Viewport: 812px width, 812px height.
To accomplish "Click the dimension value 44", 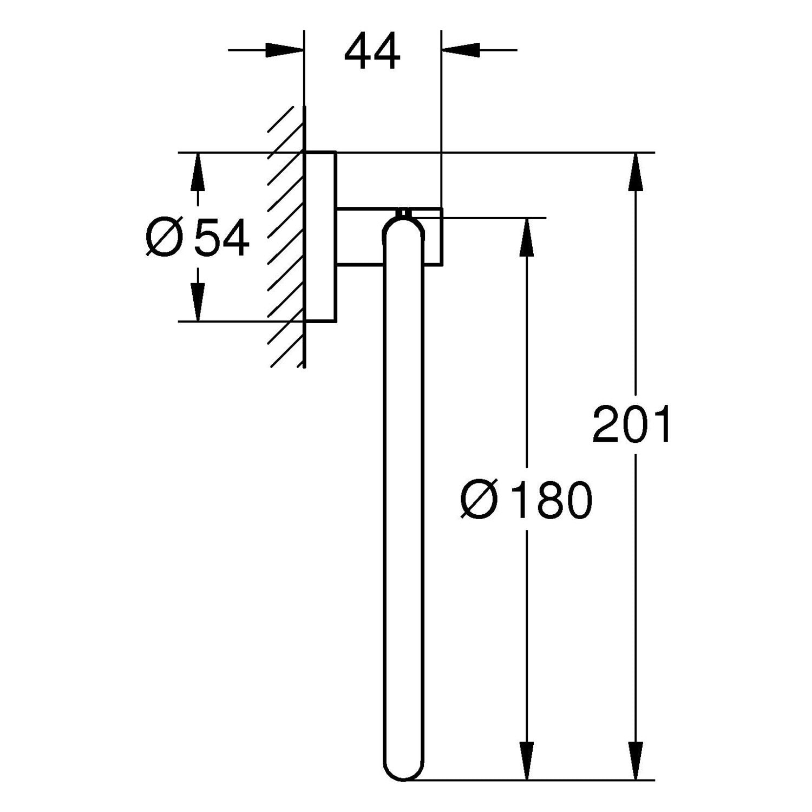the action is (x=372, y=51).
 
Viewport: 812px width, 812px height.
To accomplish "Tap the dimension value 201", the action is (x=632, y=424).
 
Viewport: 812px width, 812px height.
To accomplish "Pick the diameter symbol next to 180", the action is (x=479, y=500).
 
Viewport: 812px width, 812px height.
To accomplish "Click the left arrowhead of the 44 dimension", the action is (x=284, y=50).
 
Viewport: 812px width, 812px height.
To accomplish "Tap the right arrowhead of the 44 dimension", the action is (x=462, y=50).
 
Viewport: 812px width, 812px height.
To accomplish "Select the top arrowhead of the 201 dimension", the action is (x=636, y=172).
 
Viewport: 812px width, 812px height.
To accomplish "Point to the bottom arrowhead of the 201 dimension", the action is (x=636, y=761).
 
